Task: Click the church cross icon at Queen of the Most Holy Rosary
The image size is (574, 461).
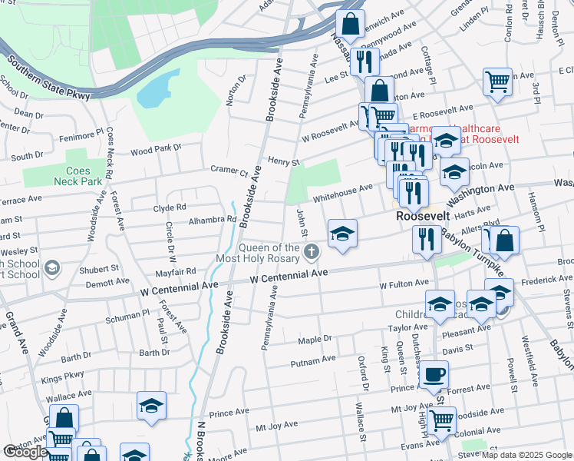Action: (x=312, y=251)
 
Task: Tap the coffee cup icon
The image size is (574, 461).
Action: (x=435, y=375)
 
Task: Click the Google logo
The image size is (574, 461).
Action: (x=25, y=453)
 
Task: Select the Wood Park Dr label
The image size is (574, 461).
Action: (x=156, y=148)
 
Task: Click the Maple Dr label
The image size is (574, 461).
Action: (x=314, y=339)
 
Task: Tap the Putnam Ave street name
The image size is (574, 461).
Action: (x=312, y=361)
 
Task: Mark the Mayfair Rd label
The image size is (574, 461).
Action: (x=176, y=271)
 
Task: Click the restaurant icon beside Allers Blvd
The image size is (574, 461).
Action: (x=426, y=240)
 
